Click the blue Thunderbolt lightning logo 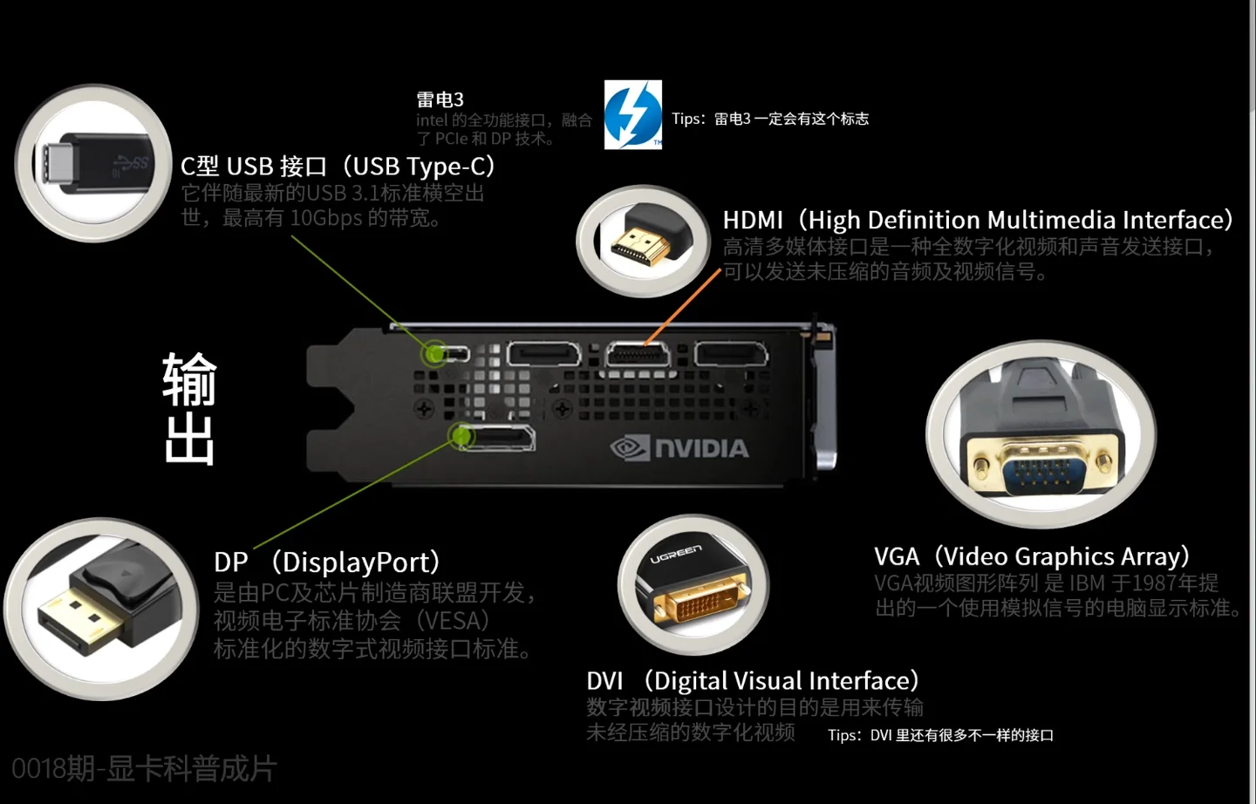[633, 114]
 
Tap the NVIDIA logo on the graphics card [680, 448]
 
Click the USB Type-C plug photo [94, 163]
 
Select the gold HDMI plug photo [644, 242]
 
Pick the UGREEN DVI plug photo [693, 584]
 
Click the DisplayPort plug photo [101, 609]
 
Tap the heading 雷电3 [440, 99]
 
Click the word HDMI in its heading [754, 220]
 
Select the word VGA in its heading [897, 556]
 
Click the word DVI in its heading [604, 680]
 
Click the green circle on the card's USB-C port [433, 353]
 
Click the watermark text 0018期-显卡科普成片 [144, 768]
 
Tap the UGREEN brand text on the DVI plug [676, 553]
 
